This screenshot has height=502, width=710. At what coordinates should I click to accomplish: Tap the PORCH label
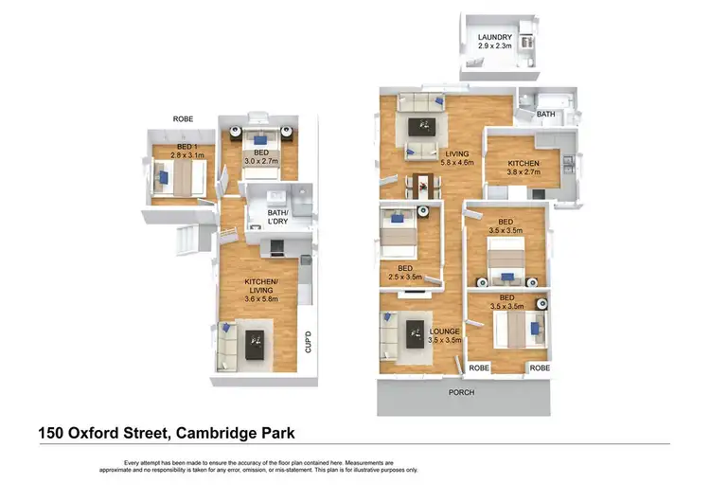point(462,392)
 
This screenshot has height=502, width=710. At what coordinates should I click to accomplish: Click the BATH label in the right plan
point(546,115)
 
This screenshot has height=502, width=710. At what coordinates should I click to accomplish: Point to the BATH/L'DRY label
point(277,218)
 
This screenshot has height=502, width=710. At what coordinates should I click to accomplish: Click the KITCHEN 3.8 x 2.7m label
point(511,169)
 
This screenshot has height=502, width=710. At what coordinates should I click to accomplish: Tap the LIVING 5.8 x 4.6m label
point(456,156)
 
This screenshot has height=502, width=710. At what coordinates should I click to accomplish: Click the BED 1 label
point(186,150)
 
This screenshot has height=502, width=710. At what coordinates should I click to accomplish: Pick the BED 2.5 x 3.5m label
point(405,274)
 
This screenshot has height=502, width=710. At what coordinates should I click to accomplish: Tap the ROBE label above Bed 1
point(184,119)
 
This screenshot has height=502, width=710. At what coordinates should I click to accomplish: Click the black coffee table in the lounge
point(414,332)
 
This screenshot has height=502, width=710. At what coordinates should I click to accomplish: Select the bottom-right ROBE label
point(540,368)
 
